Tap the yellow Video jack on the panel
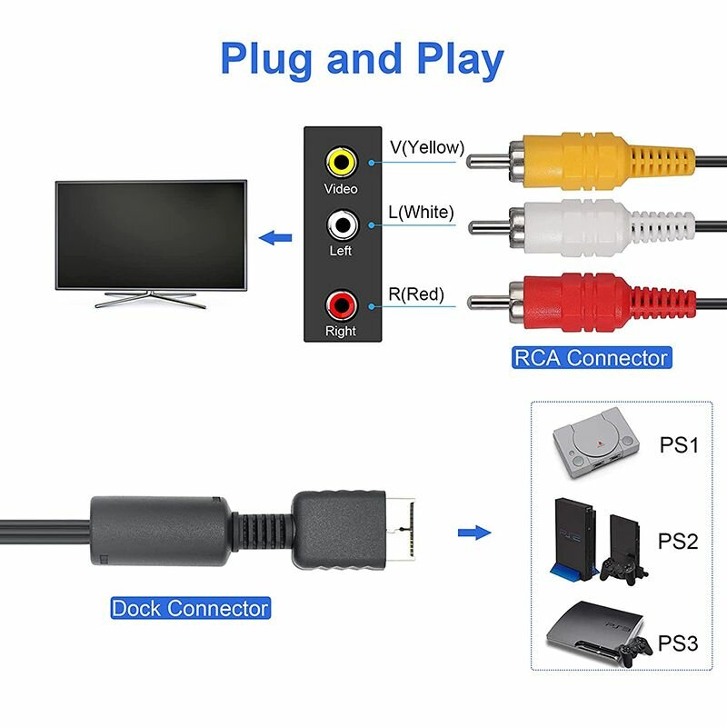point(341,163)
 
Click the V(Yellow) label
point(427,147)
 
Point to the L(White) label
point(421,213)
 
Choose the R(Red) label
point(416,294)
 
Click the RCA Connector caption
point(591,358)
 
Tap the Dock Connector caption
point(190,608)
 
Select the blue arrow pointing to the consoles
point(472,533)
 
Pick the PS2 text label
point(678,543)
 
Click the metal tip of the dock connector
point(406,525)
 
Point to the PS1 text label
point(678,446)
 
